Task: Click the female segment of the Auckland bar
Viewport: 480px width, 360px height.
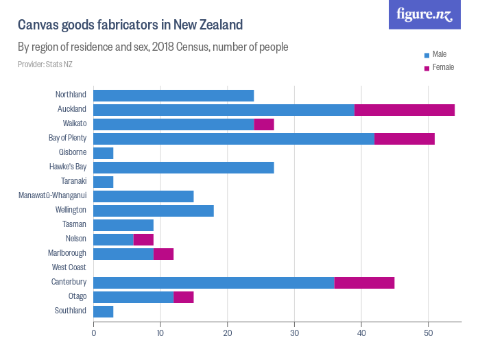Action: click(x=405, y=110)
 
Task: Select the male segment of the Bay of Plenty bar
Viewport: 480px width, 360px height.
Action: click(x=233, y=139)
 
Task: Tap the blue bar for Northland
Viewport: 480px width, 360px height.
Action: click(x=173, y=95)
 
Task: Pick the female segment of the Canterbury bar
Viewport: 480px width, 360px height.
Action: click(x=364, y=283)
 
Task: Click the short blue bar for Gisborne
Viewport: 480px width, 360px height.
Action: click(x=103, y=153)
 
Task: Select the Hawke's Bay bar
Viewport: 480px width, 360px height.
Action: click(x=183, y=167)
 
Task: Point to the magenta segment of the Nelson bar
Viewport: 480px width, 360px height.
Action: click(x=143, y=239)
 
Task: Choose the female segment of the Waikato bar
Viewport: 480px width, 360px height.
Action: click(x=264, y=124)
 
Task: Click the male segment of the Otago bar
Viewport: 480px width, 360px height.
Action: click(x=133, y=297)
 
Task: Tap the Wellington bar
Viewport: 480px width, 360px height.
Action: click(x=153, y=211)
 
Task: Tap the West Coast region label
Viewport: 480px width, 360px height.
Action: click(x=69, y=267)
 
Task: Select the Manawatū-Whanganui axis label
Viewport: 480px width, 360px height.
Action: click(x=52, y=196)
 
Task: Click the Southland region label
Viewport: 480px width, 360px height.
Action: click(x=71, y=311)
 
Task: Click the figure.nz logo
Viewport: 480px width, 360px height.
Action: click(x=424, y=14)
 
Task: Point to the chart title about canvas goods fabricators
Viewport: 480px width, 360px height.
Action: click(x=130, y=25)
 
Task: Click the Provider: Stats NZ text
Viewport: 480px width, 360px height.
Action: click(x=45, y=64)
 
